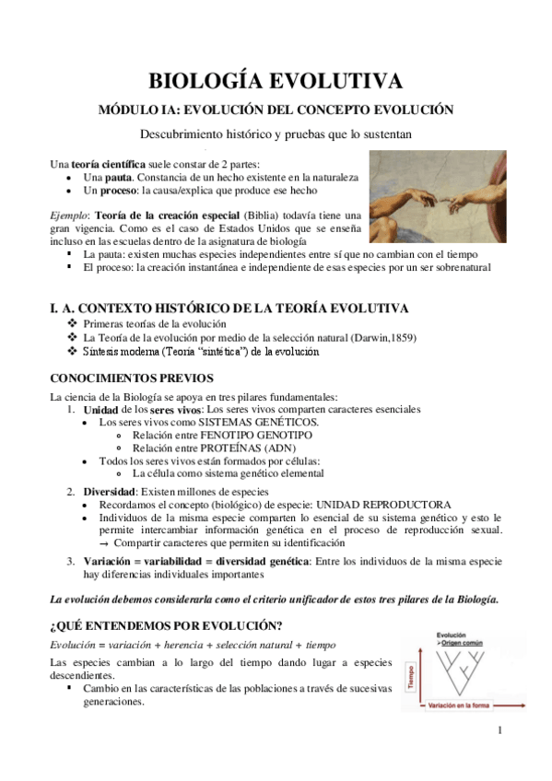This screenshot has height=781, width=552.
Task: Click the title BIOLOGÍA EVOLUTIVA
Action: point(276,79)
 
